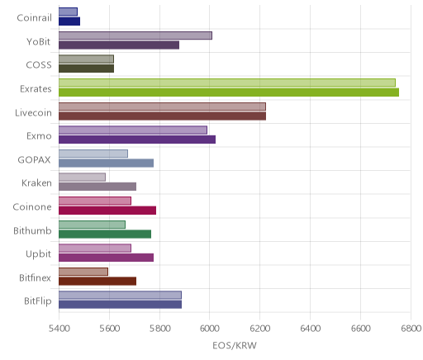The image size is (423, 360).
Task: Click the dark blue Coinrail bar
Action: click(x=69, y=21)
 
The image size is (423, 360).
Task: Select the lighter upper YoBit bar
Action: click(x=135, y=36)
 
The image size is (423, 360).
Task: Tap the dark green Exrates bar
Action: click(x=229, y=92)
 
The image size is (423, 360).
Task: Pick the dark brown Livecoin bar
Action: click(x=162, y=116)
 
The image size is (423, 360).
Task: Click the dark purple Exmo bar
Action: click(x=137, y=140)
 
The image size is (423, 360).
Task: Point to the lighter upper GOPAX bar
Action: click(x=93, y=154)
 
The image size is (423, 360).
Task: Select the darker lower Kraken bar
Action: click(x=97, y=187)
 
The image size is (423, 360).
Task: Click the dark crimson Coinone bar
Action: click(x=107, y=211)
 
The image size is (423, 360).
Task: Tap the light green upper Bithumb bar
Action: click(x=92, y=225)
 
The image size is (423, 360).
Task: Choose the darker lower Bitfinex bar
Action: click(x=97, y=282)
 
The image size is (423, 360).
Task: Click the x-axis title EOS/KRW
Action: click(x=235, y=345)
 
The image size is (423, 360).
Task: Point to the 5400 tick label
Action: click(x=59, y=329)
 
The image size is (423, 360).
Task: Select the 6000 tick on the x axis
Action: click(x=209, y=329)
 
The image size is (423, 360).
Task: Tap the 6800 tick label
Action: click(x=411, y=329)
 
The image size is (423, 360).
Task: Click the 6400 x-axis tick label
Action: click(x=310, y=329)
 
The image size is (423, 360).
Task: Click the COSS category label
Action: click(x=39, y=65)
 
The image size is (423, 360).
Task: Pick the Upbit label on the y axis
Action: click(x=38, y=254)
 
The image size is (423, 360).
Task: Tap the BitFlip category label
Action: click(x=38, y=301)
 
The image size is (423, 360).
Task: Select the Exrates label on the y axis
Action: click(x=36, y=89)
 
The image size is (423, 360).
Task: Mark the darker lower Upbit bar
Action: click(x=106, y=258)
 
